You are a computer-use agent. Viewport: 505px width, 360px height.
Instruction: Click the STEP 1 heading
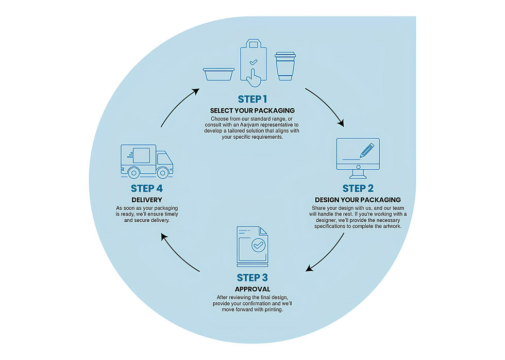point(252,99)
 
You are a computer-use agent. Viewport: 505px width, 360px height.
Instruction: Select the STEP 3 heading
point(252,278)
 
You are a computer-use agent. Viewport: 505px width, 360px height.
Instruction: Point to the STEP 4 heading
point(147,188)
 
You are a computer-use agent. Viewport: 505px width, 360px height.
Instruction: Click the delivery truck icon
point(146,161)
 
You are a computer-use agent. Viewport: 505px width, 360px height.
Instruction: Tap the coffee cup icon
point(285,66)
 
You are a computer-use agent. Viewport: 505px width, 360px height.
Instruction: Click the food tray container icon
point(219,74)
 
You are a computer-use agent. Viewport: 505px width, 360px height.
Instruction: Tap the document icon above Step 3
point(252,247)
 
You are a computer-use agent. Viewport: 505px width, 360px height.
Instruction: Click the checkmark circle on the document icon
point(258,246)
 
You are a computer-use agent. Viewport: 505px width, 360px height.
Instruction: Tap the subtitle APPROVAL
point(252,289)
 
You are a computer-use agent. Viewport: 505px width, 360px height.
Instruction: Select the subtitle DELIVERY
point(147,200)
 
